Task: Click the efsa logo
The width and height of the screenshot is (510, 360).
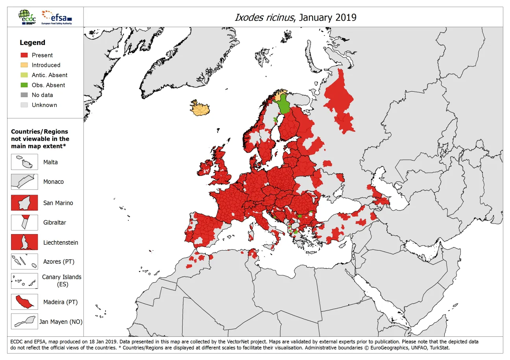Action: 57,17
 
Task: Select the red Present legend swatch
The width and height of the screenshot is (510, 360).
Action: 24,55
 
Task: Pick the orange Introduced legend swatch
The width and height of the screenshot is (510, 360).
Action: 24,65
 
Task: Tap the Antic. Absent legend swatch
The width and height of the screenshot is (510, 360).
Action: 24,75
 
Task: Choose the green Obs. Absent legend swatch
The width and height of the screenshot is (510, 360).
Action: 24,85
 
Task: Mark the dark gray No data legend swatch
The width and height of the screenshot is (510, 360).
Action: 24,95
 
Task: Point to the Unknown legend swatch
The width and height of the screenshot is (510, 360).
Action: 24,105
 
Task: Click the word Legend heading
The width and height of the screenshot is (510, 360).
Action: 32,42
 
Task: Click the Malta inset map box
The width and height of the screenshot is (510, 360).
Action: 24,162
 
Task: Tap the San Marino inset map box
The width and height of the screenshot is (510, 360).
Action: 24,203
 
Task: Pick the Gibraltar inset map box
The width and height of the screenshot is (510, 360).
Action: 24,223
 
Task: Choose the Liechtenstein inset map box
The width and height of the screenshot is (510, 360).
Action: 24,242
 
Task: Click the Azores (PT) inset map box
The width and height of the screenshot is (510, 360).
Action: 24,262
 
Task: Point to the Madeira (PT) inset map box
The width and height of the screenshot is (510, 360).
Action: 24,302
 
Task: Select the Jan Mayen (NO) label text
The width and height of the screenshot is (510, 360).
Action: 61,322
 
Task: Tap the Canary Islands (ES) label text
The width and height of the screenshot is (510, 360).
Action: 62,281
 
